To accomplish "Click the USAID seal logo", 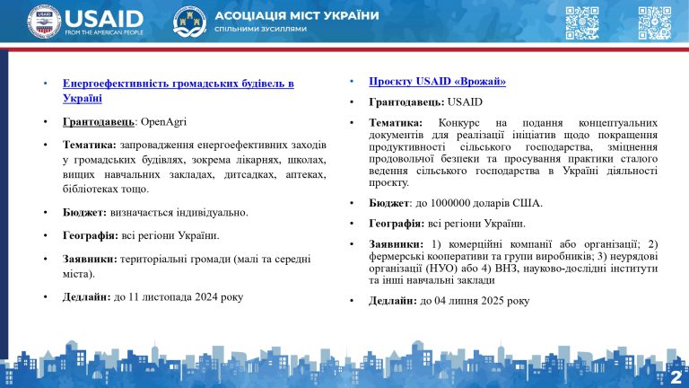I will [x=44, y=22].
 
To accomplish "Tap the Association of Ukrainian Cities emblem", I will [x=189, y=22].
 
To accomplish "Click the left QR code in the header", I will [x=582, y=22].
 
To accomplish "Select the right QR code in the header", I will [x=654, y=22].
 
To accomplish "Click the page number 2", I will [x=676, y=376].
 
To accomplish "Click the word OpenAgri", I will [x=163, y=121].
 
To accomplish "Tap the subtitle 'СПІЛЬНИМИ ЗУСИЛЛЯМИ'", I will [x=261, y=30].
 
